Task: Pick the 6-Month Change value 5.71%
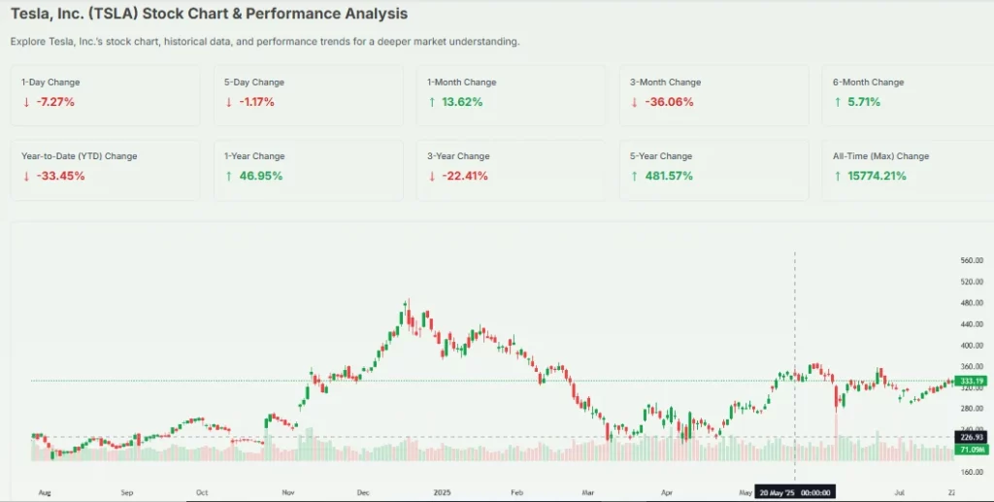pyautogui.click(x=860, y=102)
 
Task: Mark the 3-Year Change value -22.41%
pyautogui.click(x=461, y=176)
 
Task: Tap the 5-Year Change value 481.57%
pyautogui.click(x=665, y=176)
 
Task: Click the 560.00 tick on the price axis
pyautogui.click(x=971, y=261)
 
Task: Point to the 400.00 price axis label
pyautogui.click(x=971, y=346)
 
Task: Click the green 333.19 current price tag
pyautogui.click(x=971, y=381)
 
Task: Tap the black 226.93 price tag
pyautogui.click(x=971, y=437)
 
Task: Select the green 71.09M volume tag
pyautogui.click(x=971, y=450)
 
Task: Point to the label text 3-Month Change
pyautogui.click(x=665, y=83)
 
